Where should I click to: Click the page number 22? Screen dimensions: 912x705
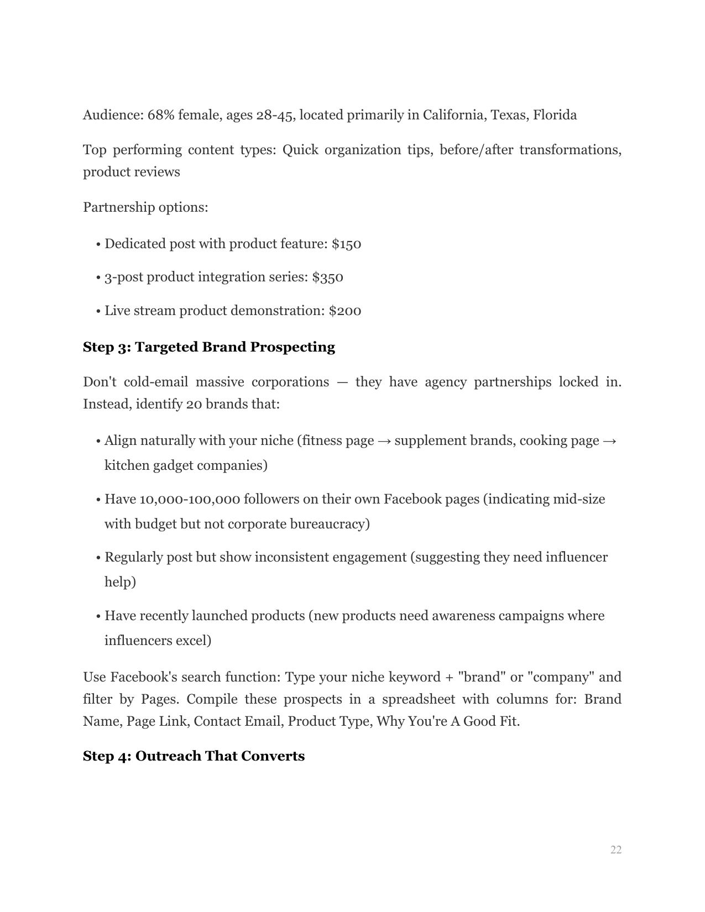(615, 850)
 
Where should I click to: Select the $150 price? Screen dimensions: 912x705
(346, 244)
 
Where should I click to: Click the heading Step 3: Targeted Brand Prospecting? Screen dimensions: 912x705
(208, 347)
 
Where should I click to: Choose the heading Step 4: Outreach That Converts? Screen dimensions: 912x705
(194, 756)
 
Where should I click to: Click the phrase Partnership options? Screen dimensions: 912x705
(145, 207)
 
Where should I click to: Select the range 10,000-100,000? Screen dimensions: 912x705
(190, 499)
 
